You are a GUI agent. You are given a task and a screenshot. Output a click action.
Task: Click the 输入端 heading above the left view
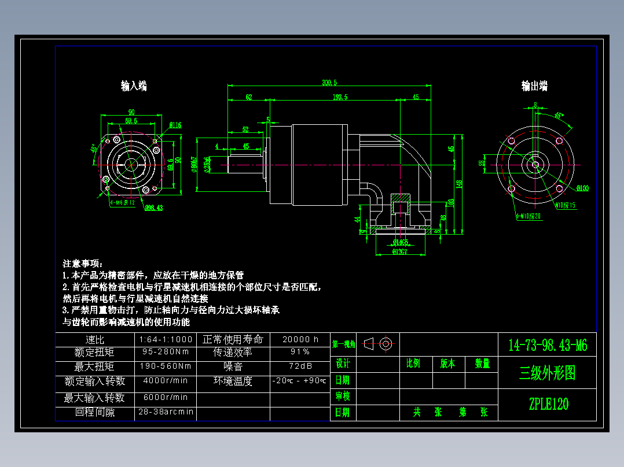point(134,86)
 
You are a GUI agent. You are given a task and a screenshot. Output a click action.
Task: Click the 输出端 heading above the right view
point(534,86)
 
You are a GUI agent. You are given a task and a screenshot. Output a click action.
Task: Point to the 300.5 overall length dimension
point(329,83)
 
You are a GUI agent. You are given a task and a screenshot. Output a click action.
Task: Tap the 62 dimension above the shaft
point(248,97)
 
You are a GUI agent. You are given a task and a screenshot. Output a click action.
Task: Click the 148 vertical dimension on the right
point(459,184)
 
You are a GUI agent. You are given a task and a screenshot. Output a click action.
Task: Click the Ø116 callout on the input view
point(175,125)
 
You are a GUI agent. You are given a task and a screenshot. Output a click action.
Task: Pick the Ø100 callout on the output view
point(582,188)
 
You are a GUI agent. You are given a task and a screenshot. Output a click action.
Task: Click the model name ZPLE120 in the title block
point(548,404)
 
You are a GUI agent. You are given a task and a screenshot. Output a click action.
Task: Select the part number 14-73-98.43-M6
point(548,346)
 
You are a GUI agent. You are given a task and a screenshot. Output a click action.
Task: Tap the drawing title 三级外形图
point(548,373)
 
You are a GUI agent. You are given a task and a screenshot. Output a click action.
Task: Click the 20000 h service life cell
point(300,339)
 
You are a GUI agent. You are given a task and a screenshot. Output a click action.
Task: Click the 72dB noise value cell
point(300,366)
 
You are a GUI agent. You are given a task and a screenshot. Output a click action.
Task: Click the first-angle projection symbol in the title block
point(379,344)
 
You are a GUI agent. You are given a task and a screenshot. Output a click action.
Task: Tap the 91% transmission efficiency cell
point(300,351)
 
